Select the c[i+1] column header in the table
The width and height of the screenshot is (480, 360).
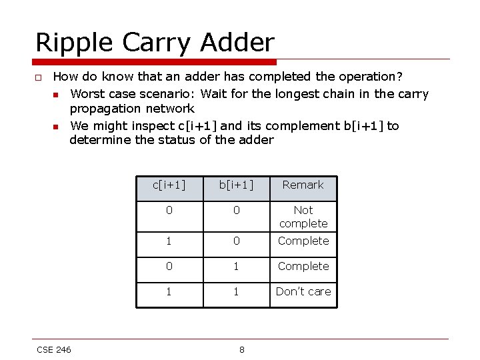169,185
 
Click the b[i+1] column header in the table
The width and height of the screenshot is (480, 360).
237,185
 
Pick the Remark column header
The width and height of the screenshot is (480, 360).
303,185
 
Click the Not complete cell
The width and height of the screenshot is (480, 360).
303,217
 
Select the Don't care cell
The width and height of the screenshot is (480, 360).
303,291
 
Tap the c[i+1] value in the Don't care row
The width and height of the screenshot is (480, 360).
169,291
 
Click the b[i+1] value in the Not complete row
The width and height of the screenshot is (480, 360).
237,211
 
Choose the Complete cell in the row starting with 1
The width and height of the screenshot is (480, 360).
303,241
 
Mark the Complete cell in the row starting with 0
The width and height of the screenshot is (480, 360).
303,266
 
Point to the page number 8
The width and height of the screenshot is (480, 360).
241,350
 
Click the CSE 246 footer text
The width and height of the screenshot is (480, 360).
54,350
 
